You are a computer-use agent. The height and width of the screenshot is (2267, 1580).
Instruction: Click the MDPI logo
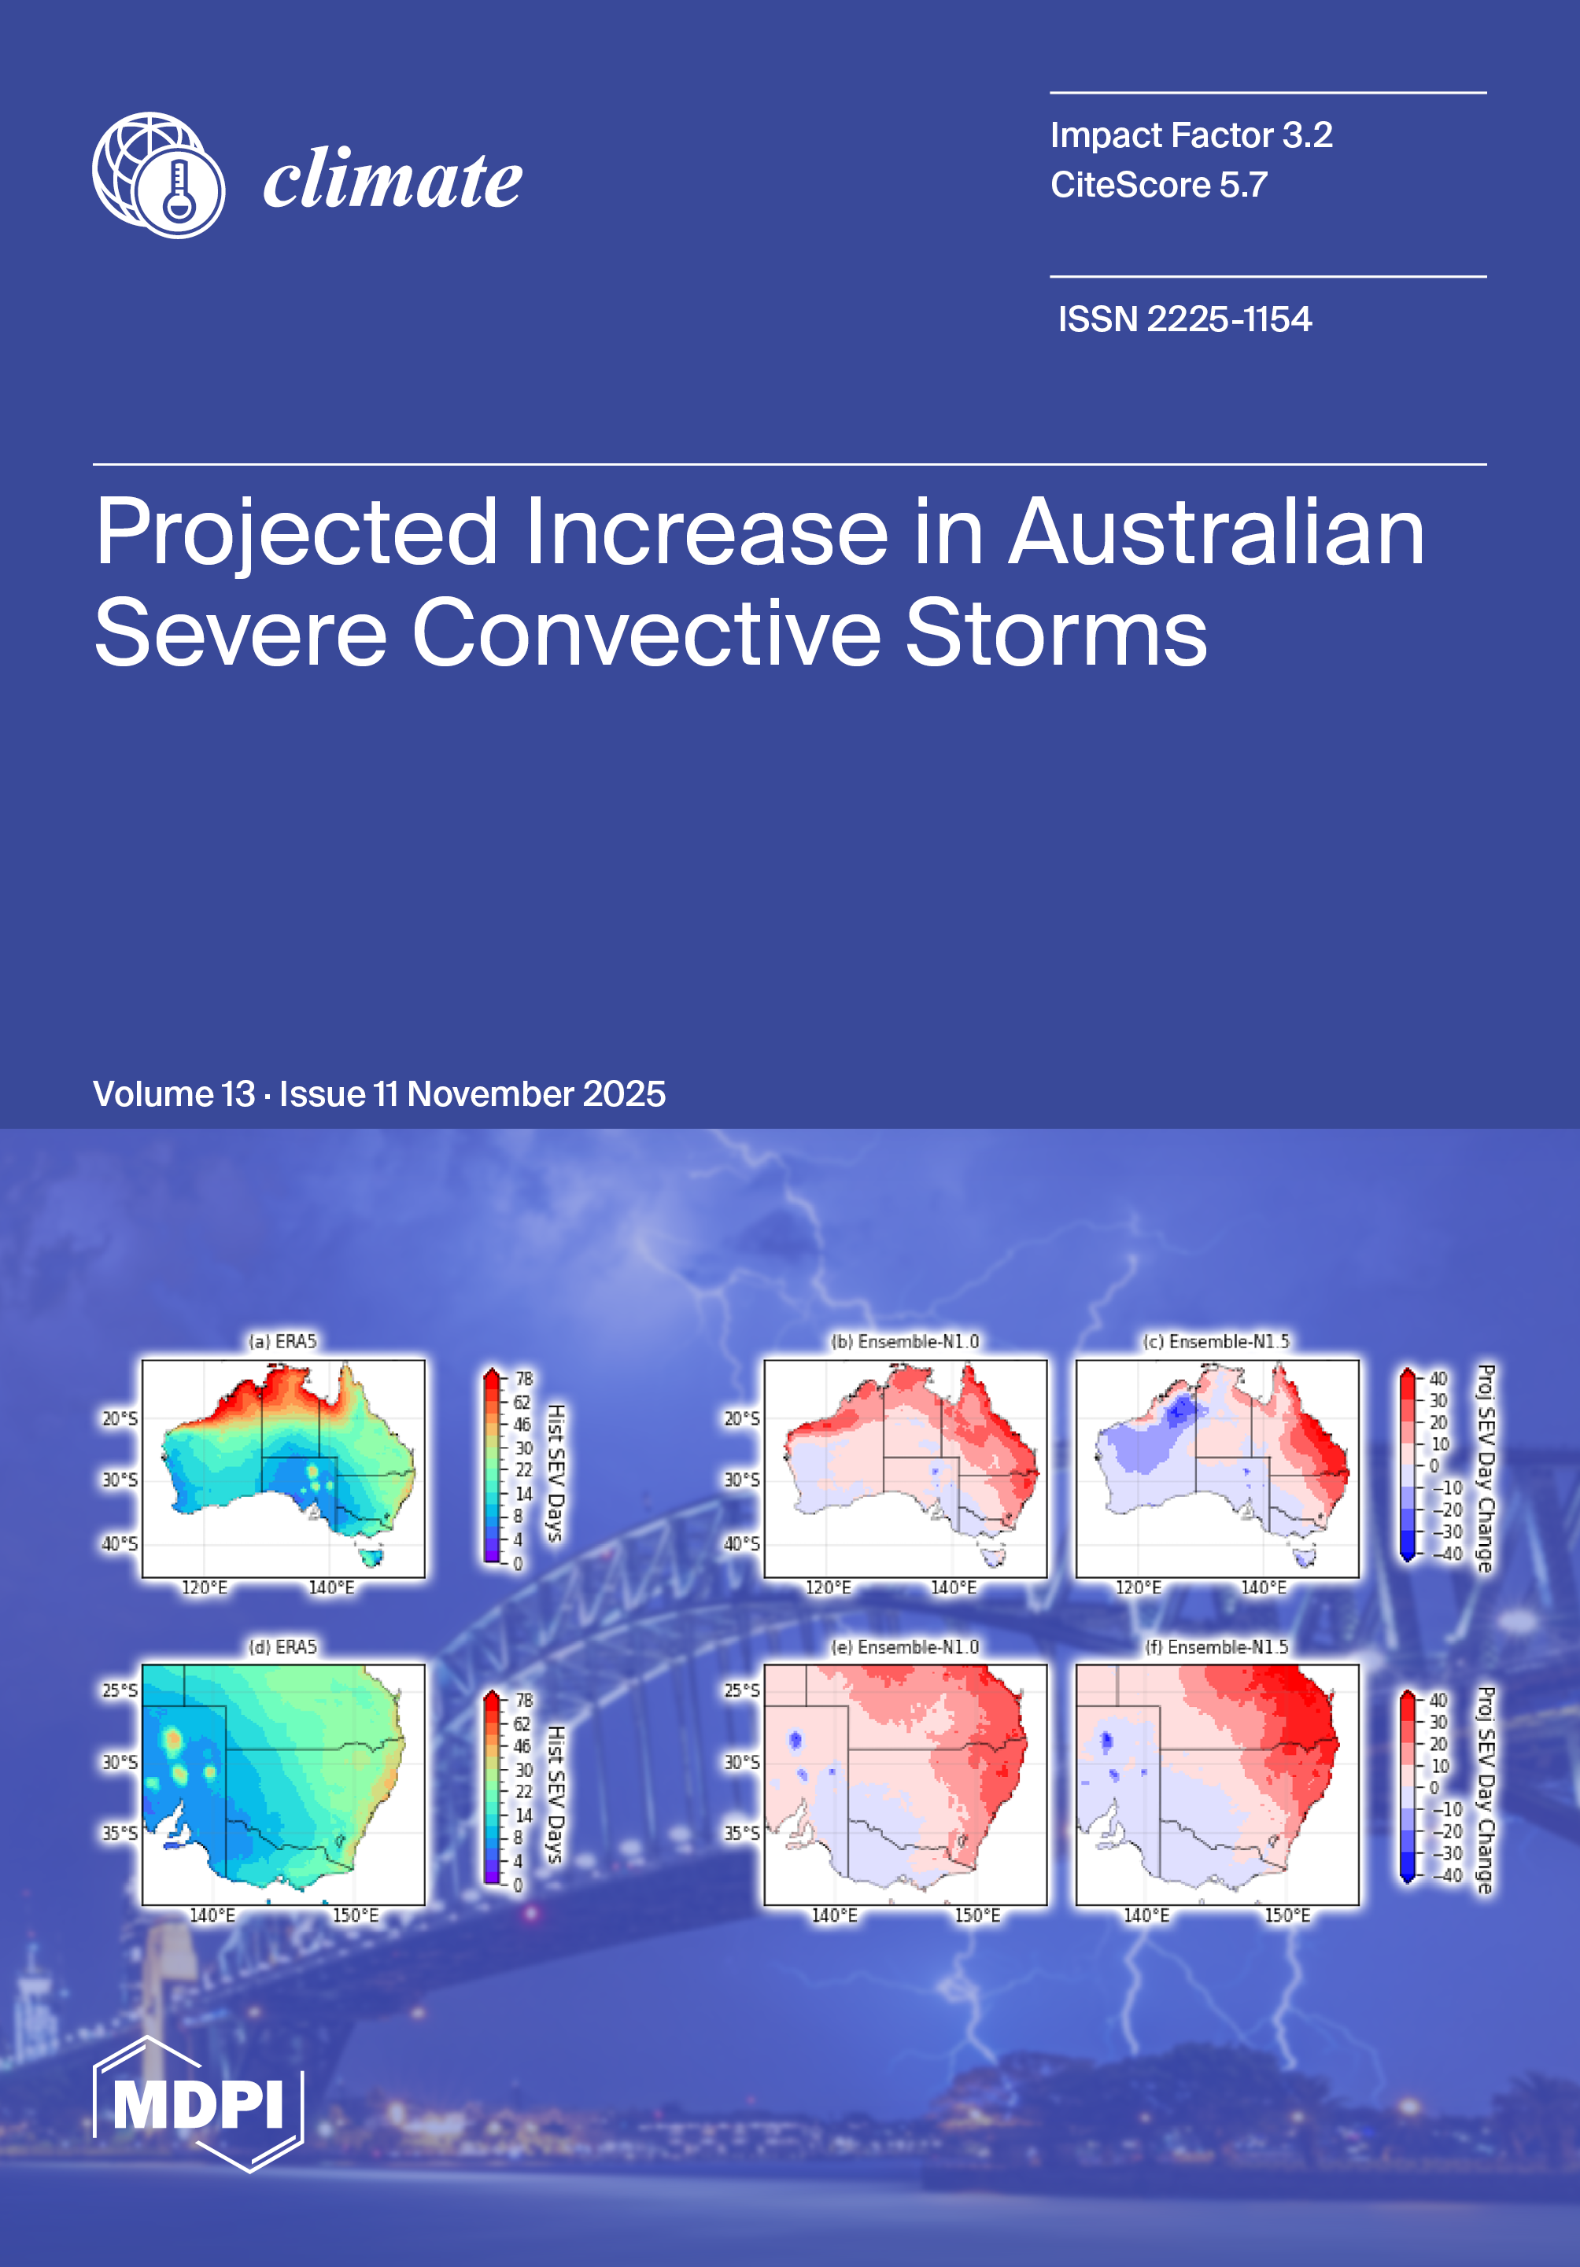[x=197, y=2104]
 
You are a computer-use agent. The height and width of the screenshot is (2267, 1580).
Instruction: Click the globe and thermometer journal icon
[x=158, y=175]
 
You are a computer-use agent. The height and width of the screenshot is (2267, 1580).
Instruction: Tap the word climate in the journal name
[x=392, y=179]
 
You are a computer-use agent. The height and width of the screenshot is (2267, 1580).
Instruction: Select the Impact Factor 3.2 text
[x=1191, y=135]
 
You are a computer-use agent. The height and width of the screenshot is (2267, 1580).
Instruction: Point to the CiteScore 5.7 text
[x=1158, y=185]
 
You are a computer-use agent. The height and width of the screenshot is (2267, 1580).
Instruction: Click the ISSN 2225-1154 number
[x=1184, y=319]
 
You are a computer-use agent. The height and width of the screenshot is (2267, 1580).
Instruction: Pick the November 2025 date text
[x=536, y=1094]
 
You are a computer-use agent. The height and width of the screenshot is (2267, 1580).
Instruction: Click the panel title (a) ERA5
[x=282, y=1341]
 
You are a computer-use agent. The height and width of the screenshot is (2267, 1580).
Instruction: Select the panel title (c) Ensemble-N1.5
[x=1216, y=1341]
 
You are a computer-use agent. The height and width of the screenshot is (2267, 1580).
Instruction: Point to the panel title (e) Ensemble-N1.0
[x=905, y=1647]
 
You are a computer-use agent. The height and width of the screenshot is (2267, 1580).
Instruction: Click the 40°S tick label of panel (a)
[x=120, y=1544]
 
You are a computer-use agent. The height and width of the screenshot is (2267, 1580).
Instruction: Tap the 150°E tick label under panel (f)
[x=1288, y=1915]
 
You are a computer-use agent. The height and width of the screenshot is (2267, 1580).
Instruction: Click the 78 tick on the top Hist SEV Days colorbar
[x=523, y=1378]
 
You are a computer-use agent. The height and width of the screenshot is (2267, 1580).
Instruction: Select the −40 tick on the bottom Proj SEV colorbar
[x=1447, y=1876]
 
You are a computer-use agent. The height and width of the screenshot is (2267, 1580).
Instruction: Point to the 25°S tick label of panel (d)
[x=120, y=1690]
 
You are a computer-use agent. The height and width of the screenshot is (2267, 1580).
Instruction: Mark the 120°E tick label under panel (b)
[x=828, y=1587]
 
